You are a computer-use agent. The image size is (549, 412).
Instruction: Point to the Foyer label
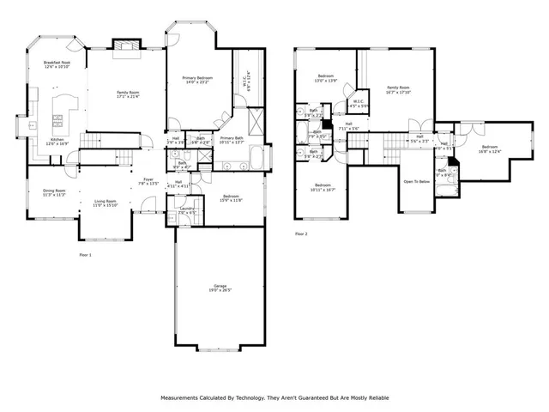tap(148, 181)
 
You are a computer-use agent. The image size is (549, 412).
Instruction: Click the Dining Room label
tap(55, 192)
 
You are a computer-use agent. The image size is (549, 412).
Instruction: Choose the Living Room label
tap(105, 203)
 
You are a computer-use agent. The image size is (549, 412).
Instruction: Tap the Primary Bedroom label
tap(197, 80)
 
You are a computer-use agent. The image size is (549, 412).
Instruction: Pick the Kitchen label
tap(57, 141)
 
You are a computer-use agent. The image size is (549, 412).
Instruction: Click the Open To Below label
tap(415, 181)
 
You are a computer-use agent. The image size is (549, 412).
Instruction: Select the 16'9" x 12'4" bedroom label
tap(490, 149)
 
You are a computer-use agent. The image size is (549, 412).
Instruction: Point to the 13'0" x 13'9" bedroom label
tap(326, 79)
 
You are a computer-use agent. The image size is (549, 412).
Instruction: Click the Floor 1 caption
tap(85, 255)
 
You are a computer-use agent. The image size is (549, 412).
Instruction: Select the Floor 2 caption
tap(300, 233)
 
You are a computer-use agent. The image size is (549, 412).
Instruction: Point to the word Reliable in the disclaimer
tap(373, 398)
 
